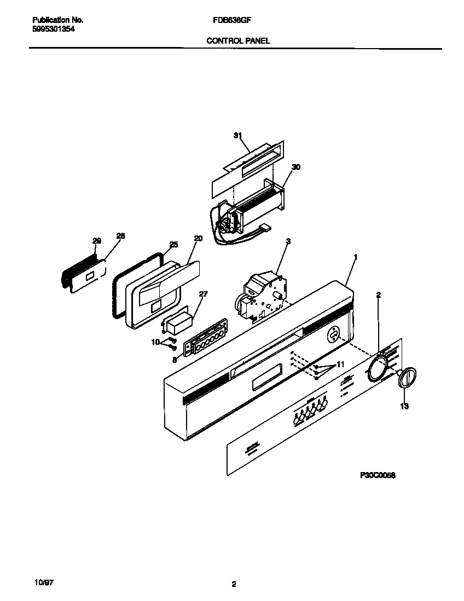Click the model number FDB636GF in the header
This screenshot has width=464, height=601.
click(228, 20)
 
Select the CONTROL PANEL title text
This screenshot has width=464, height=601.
click(238, 40)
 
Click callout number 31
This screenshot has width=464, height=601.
click(237, 135)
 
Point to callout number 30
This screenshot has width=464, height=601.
click(295, 167)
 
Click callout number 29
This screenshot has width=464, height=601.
click(96, 241)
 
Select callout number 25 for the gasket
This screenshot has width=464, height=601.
click(173, 244)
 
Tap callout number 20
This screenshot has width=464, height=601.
click(198, 238)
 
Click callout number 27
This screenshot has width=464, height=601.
click(203, 294)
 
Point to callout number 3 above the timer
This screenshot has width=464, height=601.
click(288, 241)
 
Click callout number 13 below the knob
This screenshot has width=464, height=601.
click(404, 406)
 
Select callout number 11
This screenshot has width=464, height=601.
click(340, 363)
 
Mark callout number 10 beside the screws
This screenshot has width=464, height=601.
click(155, 342)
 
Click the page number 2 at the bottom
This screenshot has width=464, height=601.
click(234, 585)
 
